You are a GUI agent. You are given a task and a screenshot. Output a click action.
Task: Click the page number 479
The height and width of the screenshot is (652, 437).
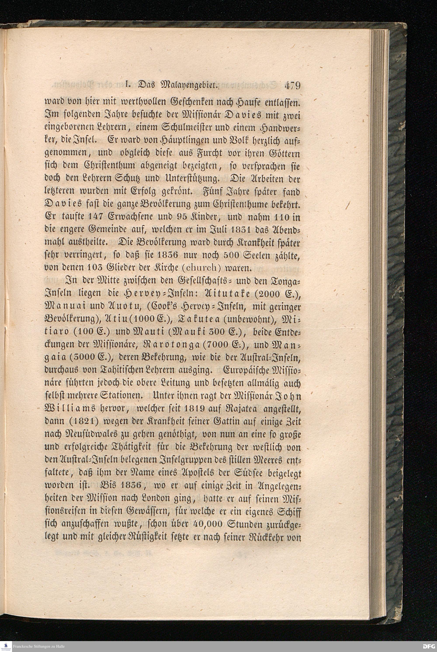(292, 85)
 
